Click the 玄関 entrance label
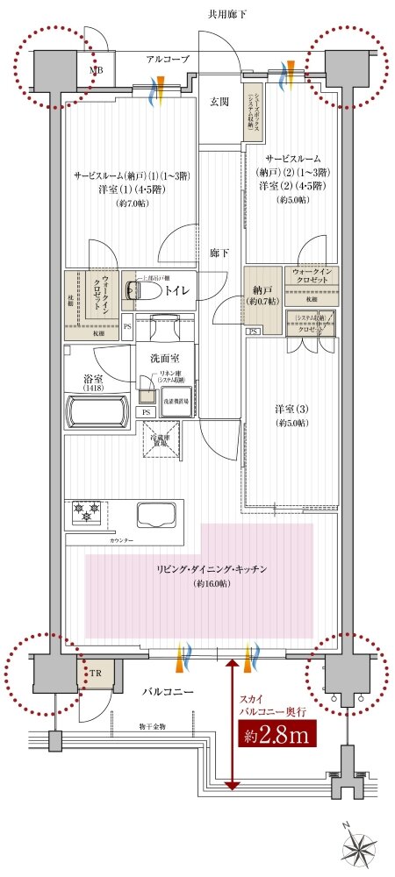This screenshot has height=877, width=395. click(x=219, y=103)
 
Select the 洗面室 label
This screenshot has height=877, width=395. click(x=165, y=359)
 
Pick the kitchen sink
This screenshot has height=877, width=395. click(x=154, y=513)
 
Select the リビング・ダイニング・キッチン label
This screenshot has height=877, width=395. click(x=200, y=570)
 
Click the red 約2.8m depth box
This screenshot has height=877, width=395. click(x=276, y=736)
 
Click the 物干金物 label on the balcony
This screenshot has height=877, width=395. click(x=152, y=727)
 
